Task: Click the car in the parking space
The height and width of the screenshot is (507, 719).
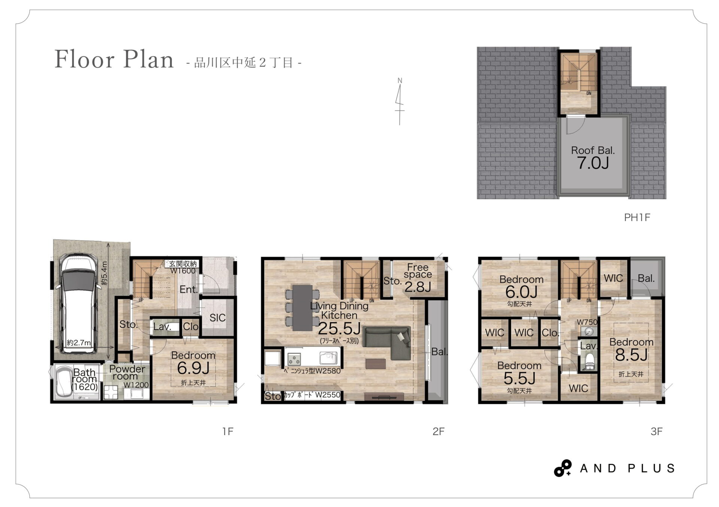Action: (78, 303)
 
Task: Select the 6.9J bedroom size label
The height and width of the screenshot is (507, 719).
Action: (193, 369)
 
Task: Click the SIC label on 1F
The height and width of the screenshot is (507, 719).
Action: (217, 318)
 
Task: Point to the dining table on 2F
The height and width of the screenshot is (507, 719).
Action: (302, 308)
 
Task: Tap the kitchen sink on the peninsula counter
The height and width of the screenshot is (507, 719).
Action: (328, 358)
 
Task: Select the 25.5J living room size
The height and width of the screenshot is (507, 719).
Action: (339, 329)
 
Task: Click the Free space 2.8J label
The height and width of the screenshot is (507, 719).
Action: (418, 277)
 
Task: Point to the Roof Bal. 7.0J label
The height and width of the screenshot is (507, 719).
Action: (593, 158)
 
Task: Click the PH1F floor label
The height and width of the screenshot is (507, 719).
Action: (637, 217)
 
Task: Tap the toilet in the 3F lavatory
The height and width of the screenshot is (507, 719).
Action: (590, 361)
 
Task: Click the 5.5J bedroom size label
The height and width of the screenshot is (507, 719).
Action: (519, 379)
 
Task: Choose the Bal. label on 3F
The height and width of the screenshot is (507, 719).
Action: (646, 278)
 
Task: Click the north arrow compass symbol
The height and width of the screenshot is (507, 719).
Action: (400, 101)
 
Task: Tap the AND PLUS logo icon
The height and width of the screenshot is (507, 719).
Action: (563, 468)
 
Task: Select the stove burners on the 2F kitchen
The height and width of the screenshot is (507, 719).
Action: (294, 359)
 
